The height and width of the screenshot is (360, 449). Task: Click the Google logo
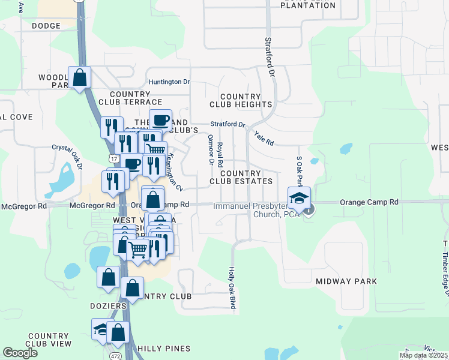(x=20, y=353)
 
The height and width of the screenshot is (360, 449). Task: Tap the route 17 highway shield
(x=113, y=158)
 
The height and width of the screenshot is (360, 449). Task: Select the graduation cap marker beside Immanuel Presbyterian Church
(x=300, y=197)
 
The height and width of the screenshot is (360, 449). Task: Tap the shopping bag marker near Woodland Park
(x=79, y=77)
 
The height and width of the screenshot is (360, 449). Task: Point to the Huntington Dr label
(x=169, y=82)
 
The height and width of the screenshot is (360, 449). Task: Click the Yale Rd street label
(x=264, y=139)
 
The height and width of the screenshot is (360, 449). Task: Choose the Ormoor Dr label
(x=211, y=149)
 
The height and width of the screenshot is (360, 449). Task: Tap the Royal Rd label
(x=220, y=155)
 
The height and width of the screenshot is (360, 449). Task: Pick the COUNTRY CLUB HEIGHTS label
(x=241, y=100)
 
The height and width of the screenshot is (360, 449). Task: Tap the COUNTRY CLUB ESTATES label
(x=241, y=177)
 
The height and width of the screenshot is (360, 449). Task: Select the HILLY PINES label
(x=163, y=348)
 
